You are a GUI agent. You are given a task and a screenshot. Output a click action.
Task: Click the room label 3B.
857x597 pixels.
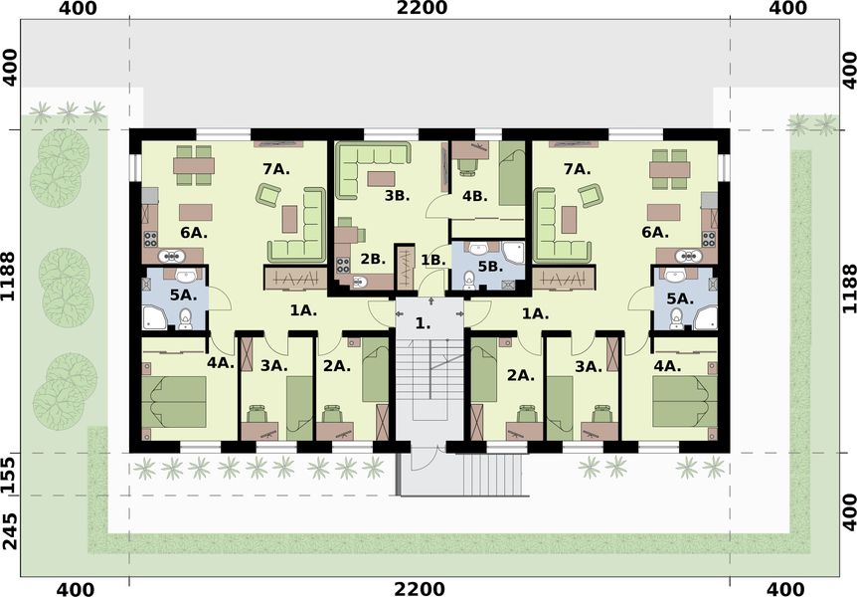click(397, 196)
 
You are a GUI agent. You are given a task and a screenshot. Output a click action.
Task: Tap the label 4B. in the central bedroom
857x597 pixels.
click(473, 196)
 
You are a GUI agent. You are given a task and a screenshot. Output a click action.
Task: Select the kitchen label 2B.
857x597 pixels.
click(372, 259)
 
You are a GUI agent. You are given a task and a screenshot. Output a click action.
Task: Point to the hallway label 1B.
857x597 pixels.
click(432, 260)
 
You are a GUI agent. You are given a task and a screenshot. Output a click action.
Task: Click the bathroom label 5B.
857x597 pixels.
click(488, 267)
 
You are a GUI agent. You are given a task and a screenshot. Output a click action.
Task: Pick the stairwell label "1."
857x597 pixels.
click(424, 323)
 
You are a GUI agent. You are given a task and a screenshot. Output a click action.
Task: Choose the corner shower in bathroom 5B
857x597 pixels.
click(513, 255)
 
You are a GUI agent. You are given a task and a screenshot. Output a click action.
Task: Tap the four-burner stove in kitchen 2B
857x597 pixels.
click(344, 265)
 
